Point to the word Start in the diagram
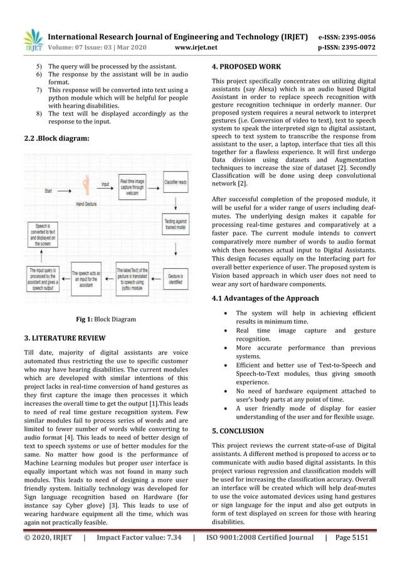[48, 190]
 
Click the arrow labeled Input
[105, 185]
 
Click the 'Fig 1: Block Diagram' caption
[105, 319]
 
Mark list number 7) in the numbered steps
[39, 91]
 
